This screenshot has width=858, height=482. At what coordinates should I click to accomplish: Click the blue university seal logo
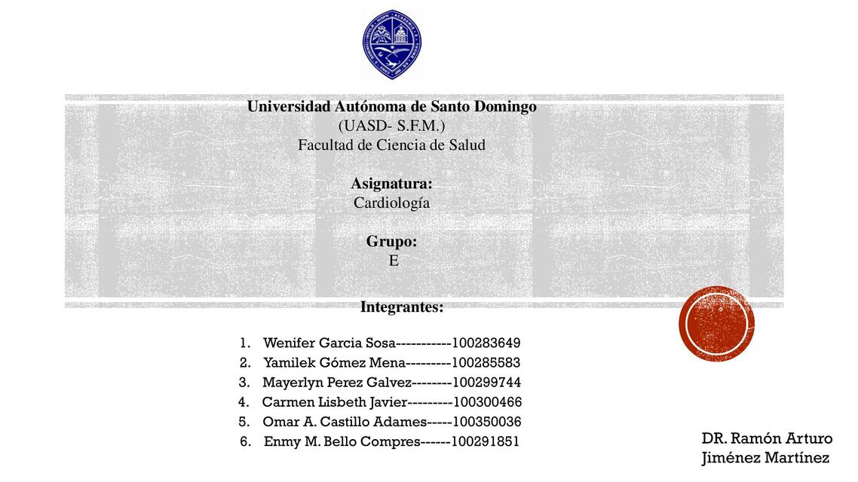tap(391, 44)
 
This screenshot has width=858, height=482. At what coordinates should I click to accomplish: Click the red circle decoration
tap(716, 325)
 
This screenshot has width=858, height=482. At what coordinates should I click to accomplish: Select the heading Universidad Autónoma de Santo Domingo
tap(392, 106)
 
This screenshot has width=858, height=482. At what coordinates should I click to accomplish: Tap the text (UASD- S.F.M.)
tap(391, 126)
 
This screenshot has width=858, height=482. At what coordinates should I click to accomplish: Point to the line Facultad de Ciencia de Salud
tap(391, 145)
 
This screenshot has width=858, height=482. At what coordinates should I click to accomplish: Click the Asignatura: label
tap(391, 184)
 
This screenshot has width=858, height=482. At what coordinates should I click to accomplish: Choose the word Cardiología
tap(391, 203)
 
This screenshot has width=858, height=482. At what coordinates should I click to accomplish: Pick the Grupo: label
tap(391, 242)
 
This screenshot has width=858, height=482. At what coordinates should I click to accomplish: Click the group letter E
tap(394, 261)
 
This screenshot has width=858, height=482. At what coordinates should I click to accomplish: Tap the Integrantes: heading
tap(402, 307)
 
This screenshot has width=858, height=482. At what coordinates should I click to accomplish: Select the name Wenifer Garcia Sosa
tap(329, 343)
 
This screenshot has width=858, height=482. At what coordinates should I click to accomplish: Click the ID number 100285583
tap(486, 363)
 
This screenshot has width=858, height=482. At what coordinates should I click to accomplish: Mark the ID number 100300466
tap(487, 402)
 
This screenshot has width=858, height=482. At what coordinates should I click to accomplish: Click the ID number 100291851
tap(486, 441)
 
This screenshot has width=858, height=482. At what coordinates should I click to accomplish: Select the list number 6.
tap(245, 441)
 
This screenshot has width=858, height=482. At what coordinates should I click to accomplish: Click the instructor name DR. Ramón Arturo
tap(767, 438)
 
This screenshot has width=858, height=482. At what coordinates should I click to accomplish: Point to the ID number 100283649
tap(486, 343)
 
